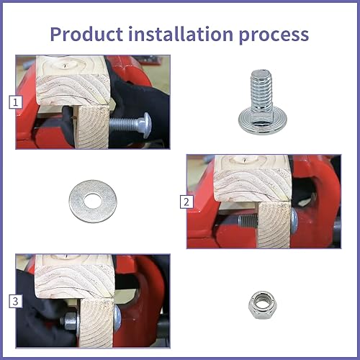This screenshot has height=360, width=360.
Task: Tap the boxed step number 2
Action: coord(186,202)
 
